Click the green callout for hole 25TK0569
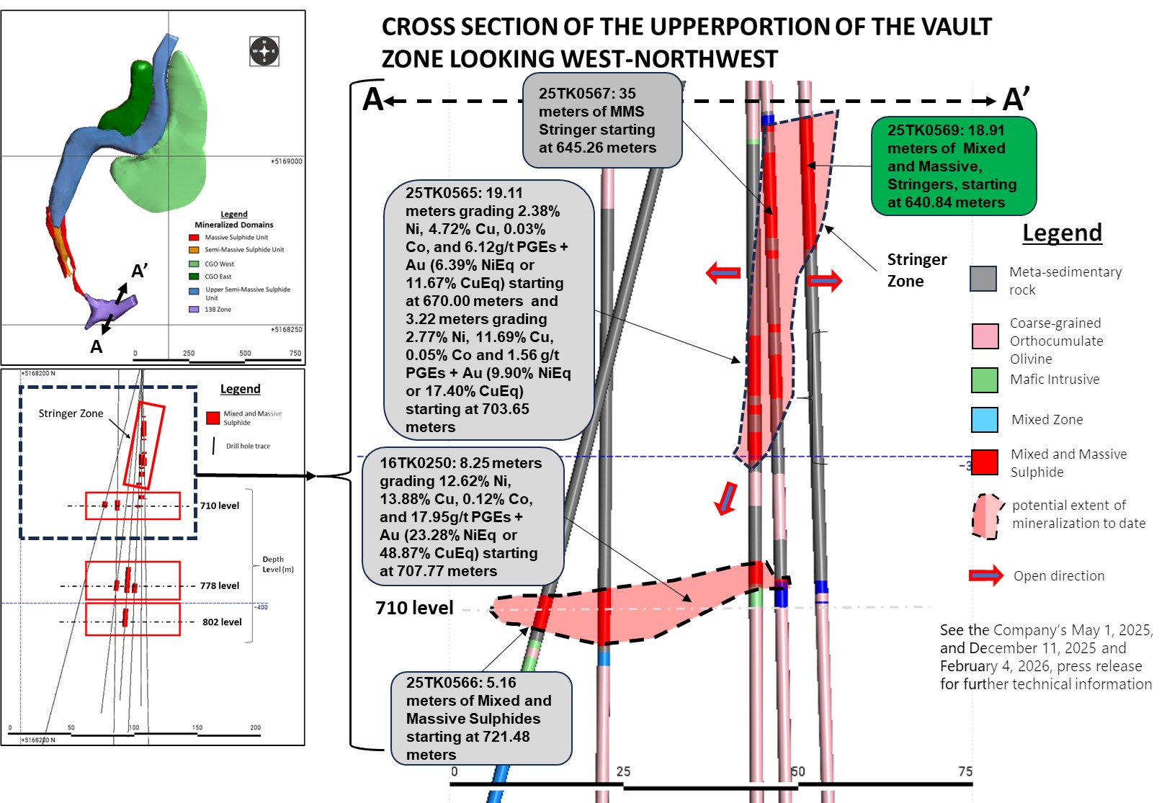(x=953, y=166)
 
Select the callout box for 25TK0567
(x=601, y=120)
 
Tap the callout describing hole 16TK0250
(x=462, y=516)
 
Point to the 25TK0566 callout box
(x=480, y=718)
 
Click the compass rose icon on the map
(x=264, y=51)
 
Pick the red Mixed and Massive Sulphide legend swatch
(x=984, y=462)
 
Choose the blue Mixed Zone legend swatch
(x=984, y=420)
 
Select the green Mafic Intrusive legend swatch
(x=984, y=380)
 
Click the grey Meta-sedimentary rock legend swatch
(x=983, y=279)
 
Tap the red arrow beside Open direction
(x=985, y=575)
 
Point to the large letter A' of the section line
(x=1016, y=99)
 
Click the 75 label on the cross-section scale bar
(x=965, y=771)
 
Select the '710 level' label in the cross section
(x=414, y=608)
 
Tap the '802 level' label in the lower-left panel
(x=222, y=622)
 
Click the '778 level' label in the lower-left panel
(x=220, y=586)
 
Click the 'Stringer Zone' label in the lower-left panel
(x=71, y=413)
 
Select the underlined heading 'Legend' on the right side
(x=1062, y=233)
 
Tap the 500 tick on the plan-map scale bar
(x=245, y=353)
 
